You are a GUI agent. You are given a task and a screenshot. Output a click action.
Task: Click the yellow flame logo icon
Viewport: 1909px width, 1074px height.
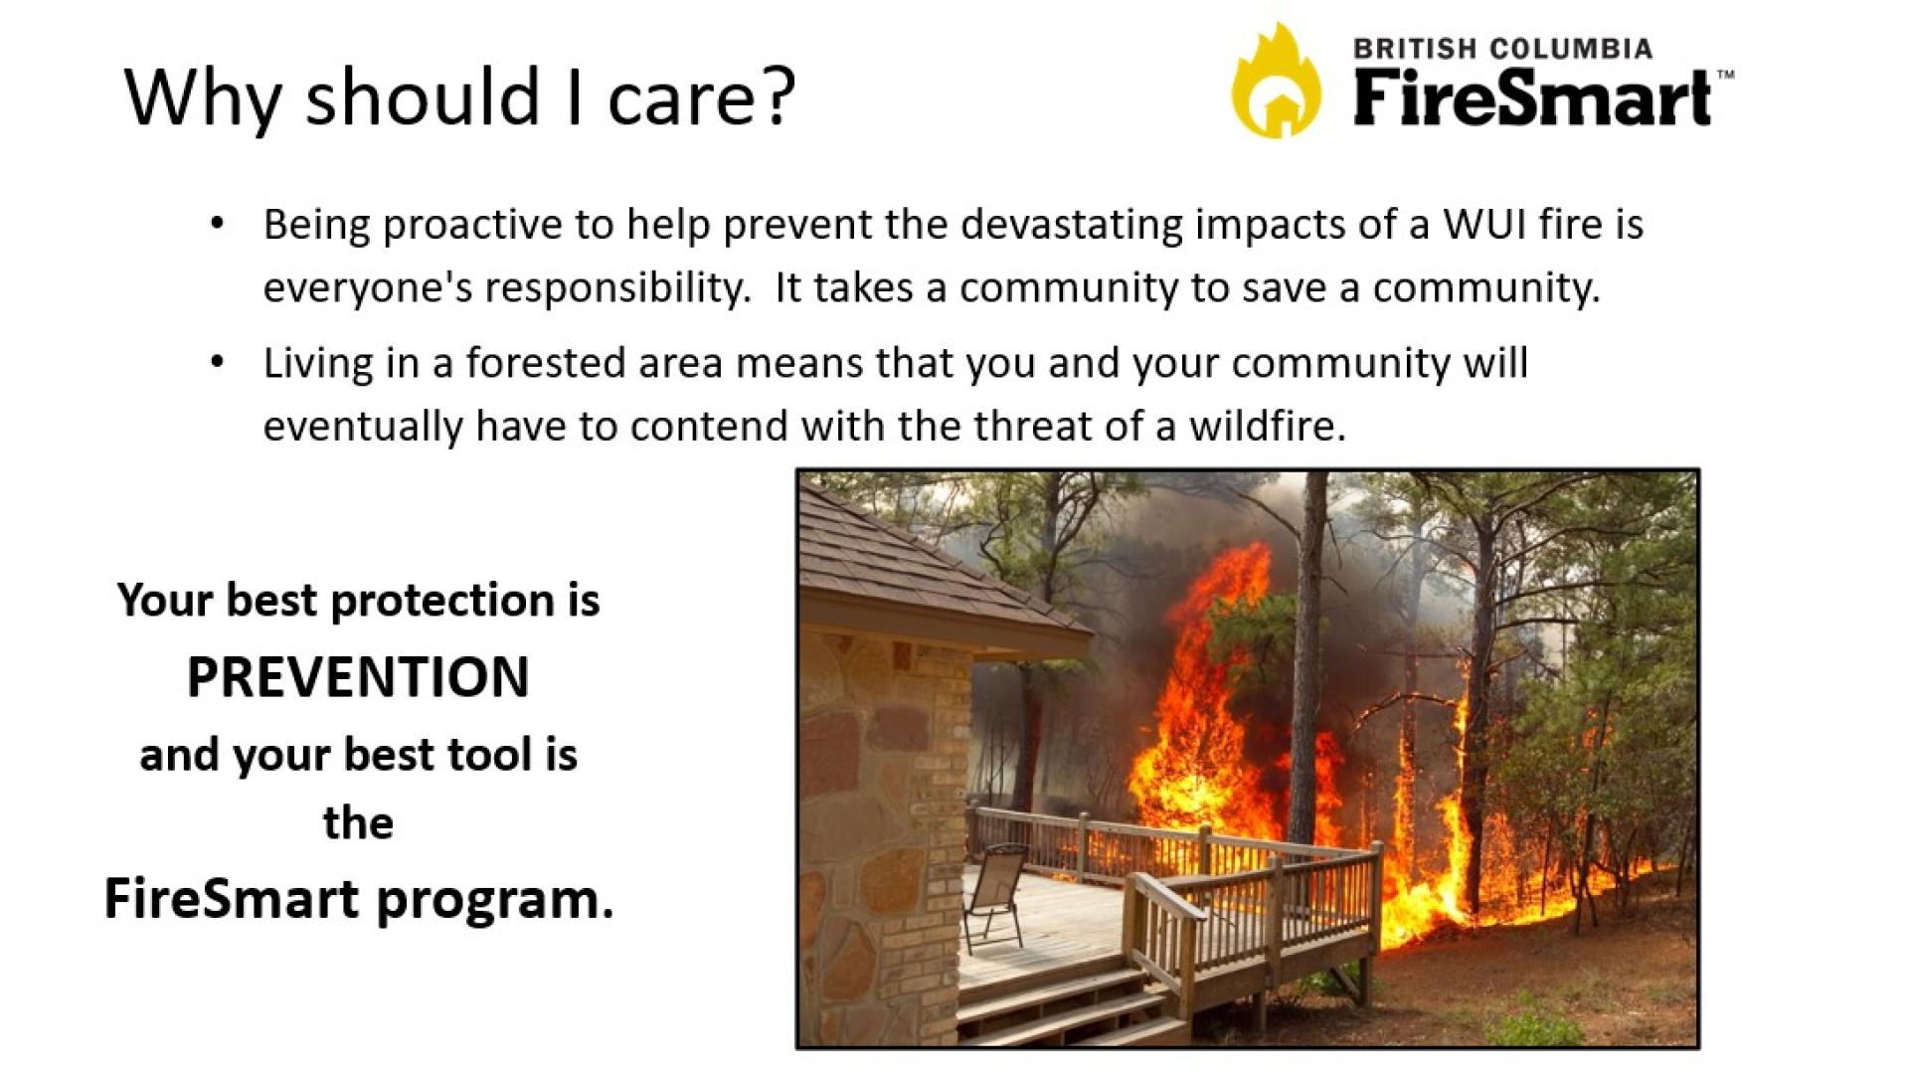[x=1277, y=81]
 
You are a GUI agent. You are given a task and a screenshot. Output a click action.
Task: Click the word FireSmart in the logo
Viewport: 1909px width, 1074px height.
[x=1531, y=98]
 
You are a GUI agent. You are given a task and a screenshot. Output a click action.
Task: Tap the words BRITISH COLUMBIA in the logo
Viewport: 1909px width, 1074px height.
[x=1502, y=48]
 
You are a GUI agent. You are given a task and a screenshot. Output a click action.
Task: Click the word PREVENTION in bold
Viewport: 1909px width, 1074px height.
[x=358, y=677]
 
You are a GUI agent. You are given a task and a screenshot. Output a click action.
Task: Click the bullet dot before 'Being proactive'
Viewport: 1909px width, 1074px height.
[x=217, y=224]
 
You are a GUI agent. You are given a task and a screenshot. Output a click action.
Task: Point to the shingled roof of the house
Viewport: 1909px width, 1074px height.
[x=925, y=567]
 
